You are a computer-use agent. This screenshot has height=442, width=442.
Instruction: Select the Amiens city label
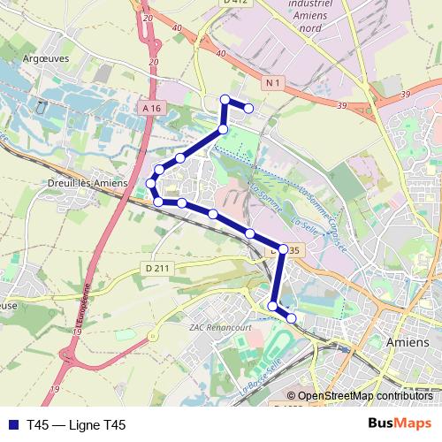(408, 341)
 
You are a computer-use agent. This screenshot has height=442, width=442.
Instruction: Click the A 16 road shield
(152, 107)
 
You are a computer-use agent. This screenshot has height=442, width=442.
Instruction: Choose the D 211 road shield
(157, 268)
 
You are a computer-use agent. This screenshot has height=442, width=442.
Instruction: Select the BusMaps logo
(393, 424)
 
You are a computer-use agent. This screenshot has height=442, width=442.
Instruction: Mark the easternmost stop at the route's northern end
(249, 109)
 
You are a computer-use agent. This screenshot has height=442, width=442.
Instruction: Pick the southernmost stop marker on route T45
(292, 317)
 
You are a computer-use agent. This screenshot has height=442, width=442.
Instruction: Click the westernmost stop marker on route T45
(151, 184)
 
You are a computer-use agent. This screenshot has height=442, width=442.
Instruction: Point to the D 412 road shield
(233, 3)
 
